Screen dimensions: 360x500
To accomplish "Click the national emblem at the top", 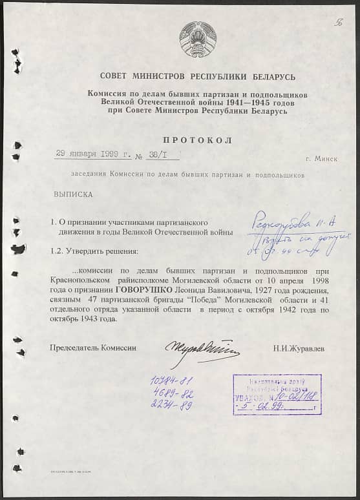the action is (198, 39).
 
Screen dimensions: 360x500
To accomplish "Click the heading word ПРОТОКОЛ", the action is (198, 140).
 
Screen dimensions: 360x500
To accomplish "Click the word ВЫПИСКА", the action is (72, 194).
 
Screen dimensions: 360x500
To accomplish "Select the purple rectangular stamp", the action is (277, 394).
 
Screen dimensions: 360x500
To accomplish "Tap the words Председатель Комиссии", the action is (93, 348).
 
